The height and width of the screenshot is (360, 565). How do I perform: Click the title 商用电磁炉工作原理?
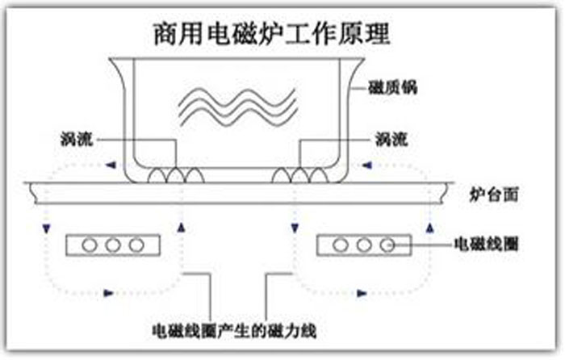[272, 34]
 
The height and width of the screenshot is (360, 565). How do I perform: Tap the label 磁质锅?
[393, 87]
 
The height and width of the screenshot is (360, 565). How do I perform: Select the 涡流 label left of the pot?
[77, 139]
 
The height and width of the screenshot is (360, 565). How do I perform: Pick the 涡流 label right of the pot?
[391, 139]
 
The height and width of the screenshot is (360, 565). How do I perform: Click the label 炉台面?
[494, 195]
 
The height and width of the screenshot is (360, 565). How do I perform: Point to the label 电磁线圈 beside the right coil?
[486, 244]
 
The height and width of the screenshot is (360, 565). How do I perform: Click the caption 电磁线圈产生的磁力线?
[235, 331]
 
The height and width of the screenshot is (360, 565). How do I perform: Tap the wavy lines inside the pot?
[238, 107]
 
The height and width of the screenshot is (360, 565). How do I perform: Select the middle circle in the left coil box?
[113, 245]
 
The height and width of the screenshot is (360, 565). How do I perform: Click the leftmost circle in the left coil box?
[90, 245]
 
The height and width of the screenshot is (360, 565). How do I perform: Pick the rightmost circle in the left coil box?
[136, 245]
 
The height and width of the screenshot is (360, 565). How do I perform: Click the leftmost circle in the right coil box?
[341, 245]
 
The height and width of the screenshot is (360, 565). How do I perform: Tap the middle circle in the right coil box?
[364, 245]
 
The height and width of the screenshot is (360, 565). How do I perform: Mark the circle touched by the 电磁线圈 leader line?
[387, 245]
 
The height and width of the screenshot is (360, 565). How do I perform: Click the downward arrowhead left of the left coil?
[46, 228]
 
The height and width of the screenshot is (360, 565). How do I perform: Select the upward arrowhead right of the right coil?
[430, 228]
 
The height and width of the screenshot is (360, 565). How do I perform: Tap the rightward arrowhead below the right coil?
[362, 293]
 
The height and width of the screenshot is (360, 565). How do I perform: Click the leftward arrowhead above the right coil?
[366, 165]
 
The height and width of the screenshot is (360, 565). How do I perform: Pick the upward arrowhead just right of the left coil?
[182, 228]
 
